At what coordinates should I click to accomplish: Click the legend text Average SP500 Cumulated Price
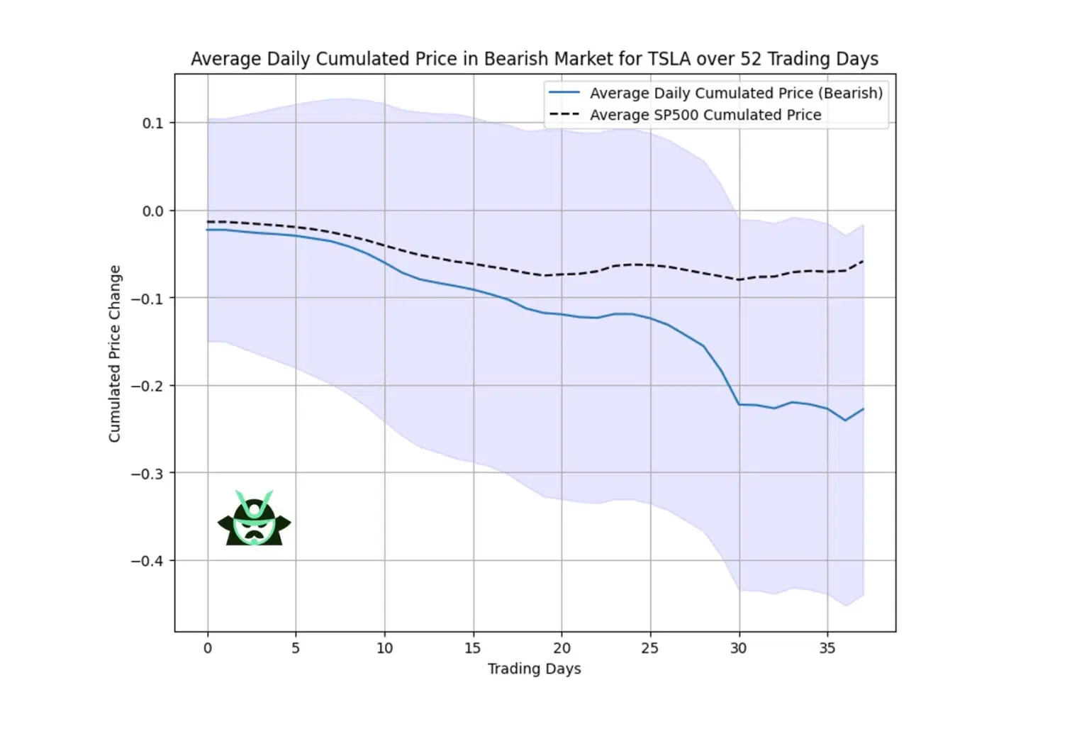point(705,115)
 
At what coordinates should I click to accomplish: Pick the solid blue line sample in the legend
point(564,93)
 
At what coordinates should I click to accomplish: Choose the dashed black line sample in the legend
point(564,115)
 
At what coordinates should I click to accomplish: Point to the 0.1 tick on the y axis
point(152,123)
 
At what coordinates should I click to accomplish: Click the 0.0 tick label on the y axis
point(152,211)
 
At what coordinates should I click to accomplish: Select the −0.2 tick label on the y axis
point(147,386)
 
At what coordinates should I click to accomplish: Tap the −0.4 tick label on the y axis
point(147,561)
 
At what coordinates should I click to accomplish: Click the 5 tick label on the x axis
point(296,648)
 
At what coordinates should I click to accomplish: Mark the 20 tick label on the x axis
point(562,648)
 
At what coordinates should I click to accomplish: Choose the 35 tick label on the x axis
point(827,648)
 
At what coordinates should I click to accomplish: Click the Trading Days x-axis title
point(534,669)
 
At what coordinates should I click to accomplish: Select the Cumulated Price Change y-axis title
point(114,353)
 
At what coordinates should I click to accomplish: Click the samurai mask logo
point(254,519)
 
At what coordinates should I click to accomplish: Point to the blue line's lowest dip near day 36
point(845,421)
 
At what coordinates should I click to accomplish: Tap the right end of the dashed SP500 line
point(863,262)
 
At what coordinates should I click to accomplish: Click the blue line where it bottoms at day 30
point(739,404)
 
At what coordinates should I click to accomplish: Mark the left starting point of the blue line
point(208,230)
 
